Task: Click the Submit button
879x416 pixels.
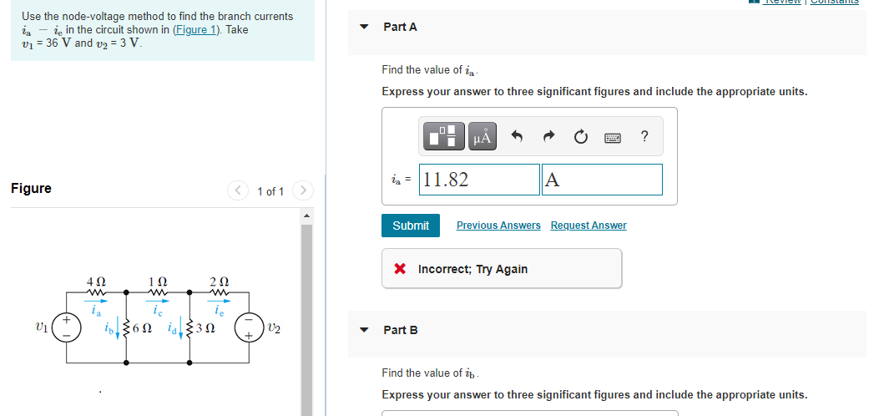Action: (411, 226)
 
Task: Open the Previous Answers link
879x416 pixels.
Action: (498, 226)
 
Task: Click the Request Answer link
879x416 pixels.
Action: (589, 226)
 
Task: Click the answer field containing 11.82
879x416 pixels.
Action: (480, 180)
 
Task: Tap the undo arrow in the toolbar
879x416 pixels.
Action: (518, 137)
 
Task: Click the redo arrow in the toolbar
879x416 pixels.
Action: (548, 137)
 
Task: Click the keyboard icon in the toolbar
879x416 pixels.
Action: (612, 137)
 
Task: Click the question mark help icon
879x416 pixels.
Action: (644, 137)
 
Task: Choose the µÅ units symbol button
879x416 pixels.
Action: (483, 137)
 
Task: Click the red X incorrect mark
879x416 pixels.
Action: (401, 269)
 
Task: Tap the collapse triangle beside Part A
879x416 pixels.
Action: (364, 27)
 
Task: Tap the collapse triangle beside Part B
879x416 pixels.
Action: (364, 330)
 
